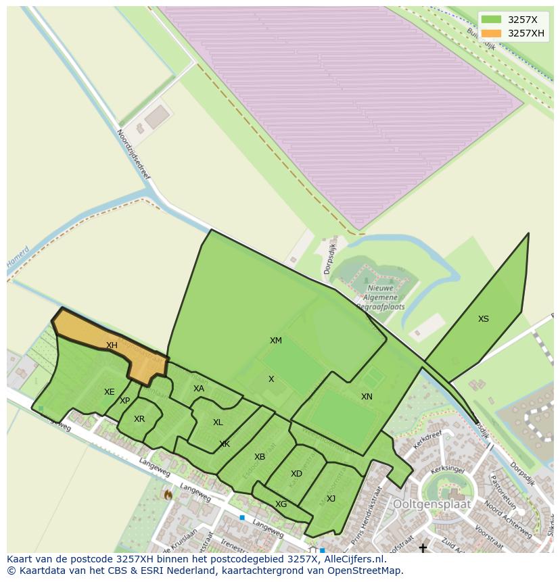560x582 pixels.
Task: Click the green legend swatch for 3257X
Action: pyautogui.click(x=492, y=20)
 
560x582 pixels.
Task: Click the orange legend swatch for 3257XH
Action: pyautogui.click(x=492, y=33)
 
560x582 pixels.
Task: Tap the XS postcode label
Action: pyautogui.click(x=483, y=319)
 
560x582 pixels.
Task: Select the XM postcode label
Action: pyautogui.click(x=276, y=341)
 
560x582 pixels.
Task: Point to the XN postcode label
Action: pyautogui.click(x=367, y=397)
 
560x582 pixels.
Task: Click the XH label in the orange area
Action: pyautogui.click(x=112, y=345)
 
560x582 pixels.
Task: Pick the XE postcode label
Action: pyautogui.click(x=110, y=392)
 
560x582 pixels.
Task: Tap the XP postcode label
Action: pyautogui.click(x=124, y=401)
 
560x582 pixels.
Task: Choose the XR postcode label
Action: pyautogui.click(x=139, y=419)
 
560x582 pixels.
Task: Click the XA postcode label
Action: pyautogui.click(x=199, y=389)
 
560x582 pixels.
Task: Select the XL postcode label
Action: pyautogui.click(x=218, y=422)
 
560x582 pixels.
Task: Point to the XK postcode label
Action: pyautogui.click(x=225, y=444)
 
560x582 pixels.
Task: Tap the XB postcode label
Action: pyautogui.click(x=260, y=457)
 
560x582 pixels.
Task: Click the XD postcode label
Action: pyautogui.click(x=296, y=474)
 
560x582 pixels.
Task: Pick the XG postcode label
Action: pyautogui.click(x=281, y=504)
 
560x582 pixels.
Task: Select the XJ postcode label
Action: pyautogui.click(x=331, y=499)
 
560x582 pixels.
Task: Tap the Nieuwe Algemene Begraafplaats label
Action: pyautogui.click(x=381, y=297)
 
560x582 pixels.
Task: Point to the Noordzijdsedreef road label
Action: pyautogui.click(x=133, y=154)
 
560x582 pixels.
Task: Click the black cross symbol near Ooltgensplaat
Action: pyautogui.click(x=423, y=548)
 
